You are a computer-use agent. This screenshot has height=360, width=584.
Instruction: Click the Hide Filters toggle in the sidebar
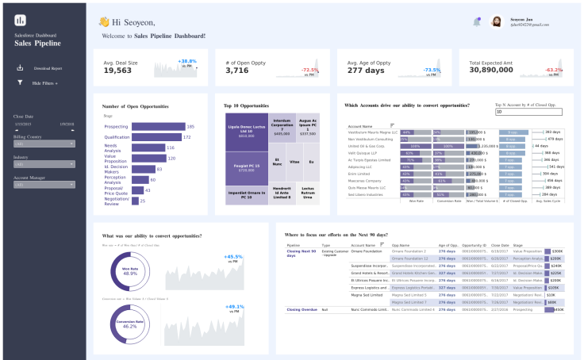click(44, 82)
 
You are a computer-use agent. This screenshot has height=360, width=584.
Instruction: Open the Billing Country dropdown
click(44, 144)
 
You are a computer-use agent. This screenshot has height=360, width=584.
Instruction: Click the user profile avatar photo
click(497, 22)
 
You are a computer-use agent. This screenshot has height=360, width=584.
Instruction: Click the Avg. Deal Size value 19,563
click(117, 71)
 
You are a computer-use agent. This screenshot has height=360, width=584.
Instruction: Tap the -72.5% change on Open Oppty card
click(310, 70)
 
